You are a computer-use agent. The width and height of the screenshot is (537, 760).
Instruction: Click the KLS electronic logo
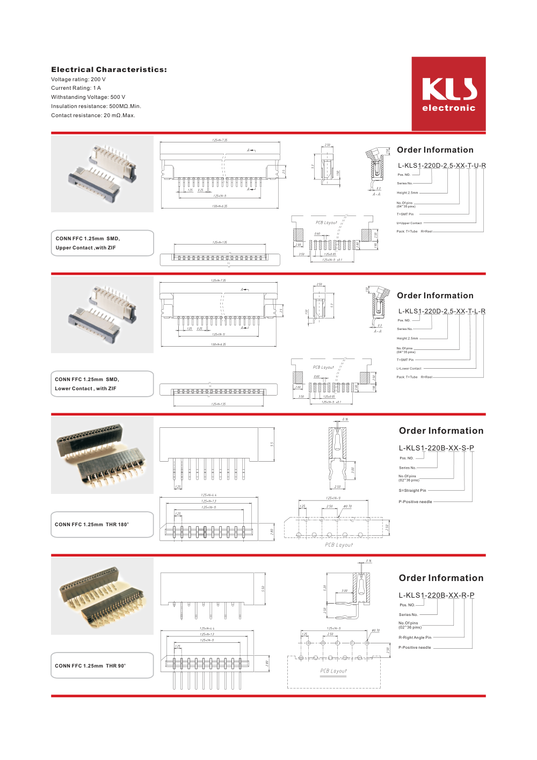[x=448, y=94]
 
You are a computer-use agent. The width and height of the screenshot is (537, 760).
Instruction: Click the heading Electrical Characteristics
[x=109, y=70]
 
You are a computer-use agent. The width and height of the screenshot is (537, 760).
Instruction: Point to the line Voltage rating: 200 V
[x=78, y=80]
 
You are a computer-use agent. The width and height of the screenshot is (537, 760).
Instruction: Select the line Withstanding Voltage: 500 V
[x=88, y=97]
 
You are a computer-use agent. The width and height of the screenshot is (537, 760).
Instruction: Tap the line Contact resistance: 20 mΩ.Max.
[x=93, y=116]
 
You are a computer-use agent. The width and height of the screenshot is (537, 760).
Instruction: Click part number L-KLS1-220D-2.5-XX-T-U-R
[x=441, y=166]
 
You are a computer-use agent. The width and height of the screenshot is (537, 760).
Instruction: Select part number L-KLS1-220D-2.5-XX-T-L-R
[x=441, y=311]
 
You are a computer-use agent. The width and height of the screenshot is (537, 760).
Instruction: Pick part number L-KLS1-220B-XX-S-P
[x=436, y=448]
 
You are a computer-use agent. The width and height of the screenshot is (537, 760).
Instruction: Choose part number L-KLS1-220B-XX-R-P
[x=436, y=595]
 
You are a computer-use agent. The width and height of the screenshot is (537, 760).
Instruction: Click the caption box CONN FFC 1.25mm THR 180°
[x=102, y=525]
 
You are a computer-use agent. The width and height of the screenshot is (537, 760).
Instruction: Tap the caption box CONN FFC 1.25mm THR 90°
[x=102, y=665]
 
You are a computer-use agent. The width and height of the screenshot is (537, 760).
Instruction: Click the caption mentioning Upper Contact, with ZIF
[x=102, y=243]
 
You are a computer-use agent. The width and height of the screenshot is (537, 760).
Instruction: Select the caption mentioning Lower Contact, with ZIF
[x=102, y=384]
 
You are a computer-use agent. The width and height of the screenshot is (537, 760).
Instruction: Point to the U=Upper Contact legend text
[x=409, y=223]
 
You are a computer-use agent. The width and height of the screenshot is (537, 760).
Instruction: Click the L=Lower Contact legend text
[x=409, y=369]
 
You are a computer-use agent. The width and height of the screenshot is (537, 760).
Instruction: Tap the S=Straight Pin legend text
[x=412, y=490]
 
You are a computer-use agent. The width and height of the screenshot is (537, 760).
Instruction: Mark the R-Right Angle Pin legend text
[x=415, y=637]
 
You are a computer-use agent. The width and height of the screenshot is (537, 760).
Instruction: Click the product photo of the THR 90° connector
[x=102, y=596]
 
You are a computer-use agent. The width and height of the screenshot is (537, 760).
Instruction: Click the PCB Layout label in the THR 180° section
[x=339, y=545]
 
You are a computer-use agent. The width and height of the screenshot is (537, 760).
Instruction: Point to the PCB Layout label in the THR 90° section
[x=333, y=671]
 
